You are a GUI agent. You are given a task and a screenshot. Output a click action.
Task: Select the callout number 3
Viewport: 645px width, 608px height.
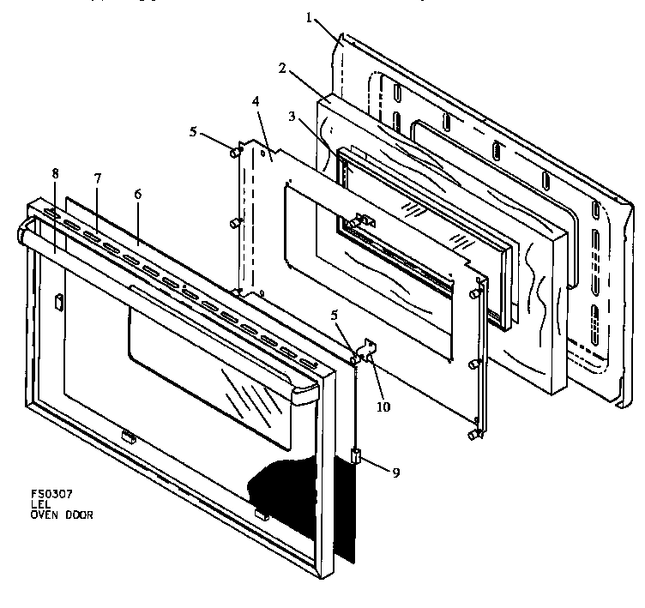point(292,118)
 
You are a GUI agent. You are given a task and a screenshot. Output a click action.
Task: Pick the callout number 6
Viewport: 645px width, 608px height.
point(137,194)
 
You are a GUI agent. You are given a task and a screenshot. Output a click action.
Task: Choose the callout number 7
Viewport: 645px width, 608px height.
point(98,178)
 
